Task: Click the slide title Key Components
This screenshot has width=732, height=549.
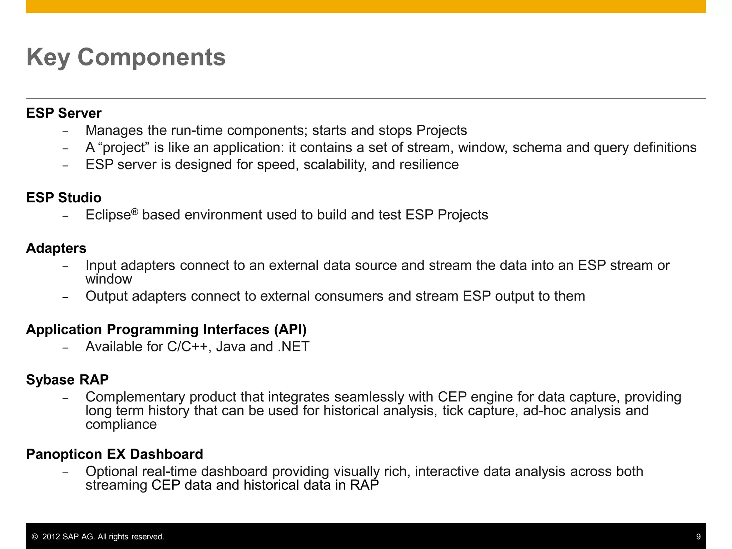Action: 126,57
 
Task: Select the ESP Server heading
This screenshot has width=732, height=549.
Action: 64,113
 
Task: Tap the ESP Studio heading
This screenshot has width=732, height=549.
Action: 64,198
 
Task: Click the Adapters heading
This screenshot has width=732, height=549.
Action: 56,248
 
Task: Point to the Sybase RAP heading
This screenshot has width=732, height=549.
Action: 67,380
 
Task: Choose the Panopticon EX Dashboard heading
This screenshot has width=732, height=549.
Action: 114,454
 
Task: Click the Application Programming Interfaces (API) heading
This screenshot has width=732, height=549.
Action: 166,330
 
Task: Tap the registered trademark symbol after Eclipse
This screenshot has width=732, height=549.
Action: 134,212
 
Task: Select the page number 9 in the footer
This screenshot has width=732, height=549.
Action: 698,536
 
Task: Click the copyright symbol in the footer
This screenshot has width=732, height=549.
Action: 35,536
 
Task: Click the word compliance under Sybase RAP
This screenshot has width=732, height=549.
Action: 121,424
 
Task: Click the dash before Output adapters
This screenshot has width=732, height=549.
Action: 65,297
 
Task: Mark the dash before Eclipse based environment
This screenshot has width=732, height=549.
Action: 65,216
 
